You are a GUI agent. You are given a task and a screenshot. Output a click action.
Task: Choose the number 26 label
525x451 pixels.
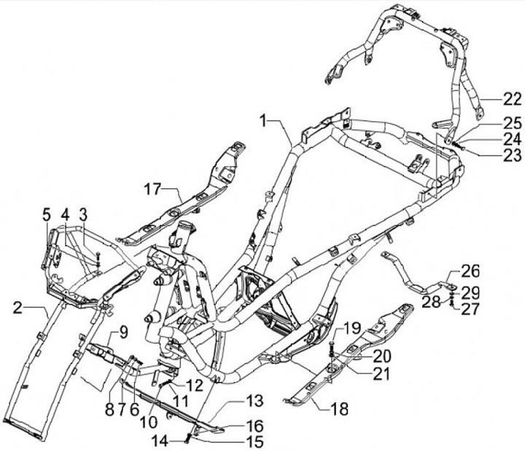pos(470,272)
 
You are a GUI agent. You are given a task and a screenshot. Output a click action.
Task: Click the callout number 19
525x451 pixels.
pos(352,328)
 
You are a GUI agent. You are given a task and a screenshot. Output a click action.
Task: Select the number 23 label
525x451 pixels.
pos(491,154)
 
